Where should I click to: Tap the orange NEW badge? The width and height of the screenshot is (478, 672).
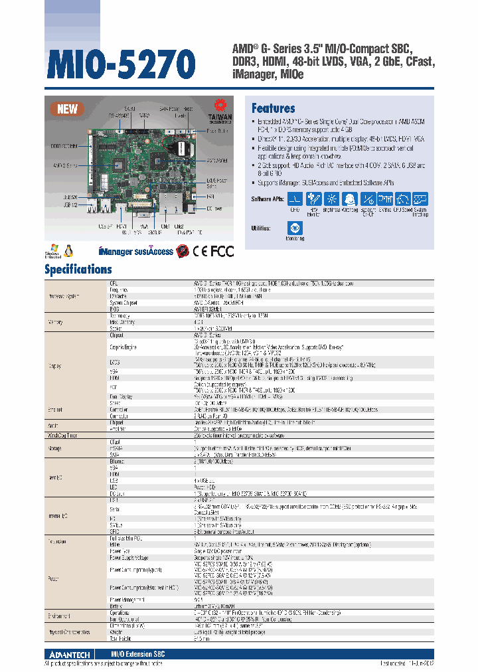pos(67,109)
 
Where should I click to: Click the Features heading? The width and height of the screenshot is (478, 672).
pos(273,108)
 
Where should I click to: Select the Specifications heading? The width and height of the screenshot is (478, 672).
pos(78,269)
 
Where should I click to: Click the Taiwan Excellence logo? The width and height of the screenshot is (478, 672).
pos(220,110)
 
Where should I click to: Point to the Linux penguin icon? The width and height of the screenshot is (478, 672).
pos(68,250)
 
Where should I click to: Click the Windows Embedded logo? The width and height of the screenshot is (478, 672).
pos(52,250)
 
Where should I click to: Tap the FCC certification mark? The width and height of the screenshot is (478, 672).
pos(222,251)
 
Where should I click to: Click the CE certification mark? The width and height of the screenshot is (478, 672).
pos(199,251)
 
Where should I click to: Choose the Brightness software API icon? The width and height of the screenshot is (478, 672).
pos(331,199)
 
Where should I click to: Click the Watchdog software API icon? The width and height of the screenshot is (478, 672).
pos(349,199)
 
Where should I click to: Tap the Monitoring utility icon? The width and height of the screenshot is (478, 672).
pos(296,228)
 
